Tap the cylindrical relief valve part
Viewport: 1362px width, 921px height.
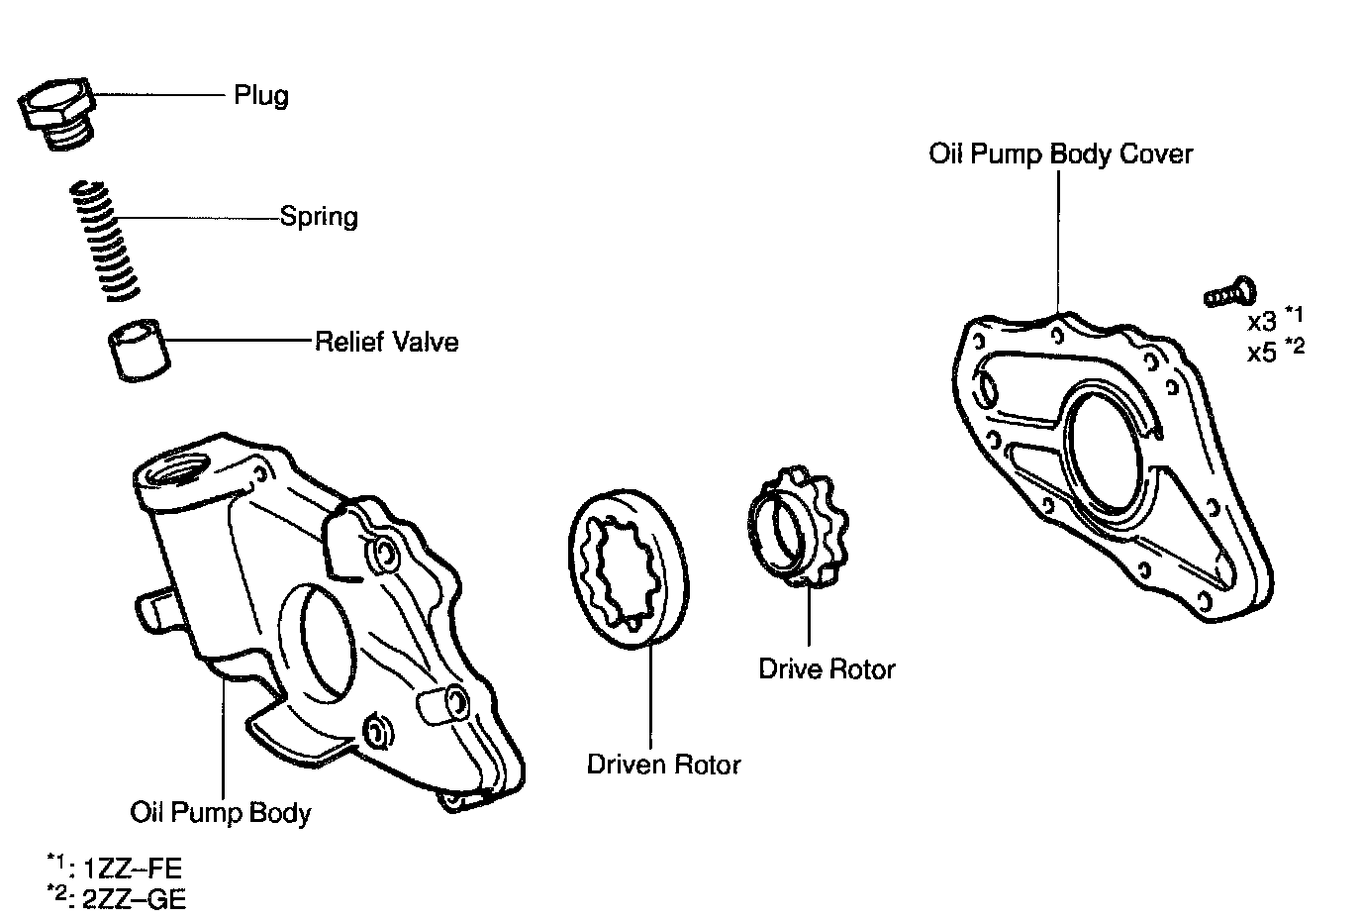[139, 349]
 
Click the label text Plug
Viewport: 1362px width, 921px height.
[261, 96]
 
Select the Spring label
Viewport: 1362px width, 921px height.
[319, 217]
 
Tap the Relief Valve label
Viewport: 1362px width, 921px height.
[386, 343]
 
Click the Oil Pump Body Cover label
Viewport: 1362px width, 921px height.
[1060, 154]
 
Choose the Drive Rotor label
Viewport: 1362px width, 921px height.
[827, 669]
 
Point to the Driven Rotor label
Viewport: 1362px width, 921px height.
[663, 765]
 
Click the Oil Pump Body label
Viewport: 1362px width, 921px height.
[221, 813]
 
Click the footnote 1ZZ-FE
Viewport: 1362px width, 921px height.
[126, 870]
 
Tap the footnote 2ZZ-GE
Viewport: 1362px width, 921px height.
[126, 898]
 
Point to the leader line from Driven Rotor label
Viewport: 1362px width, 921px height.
[651, 693]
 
